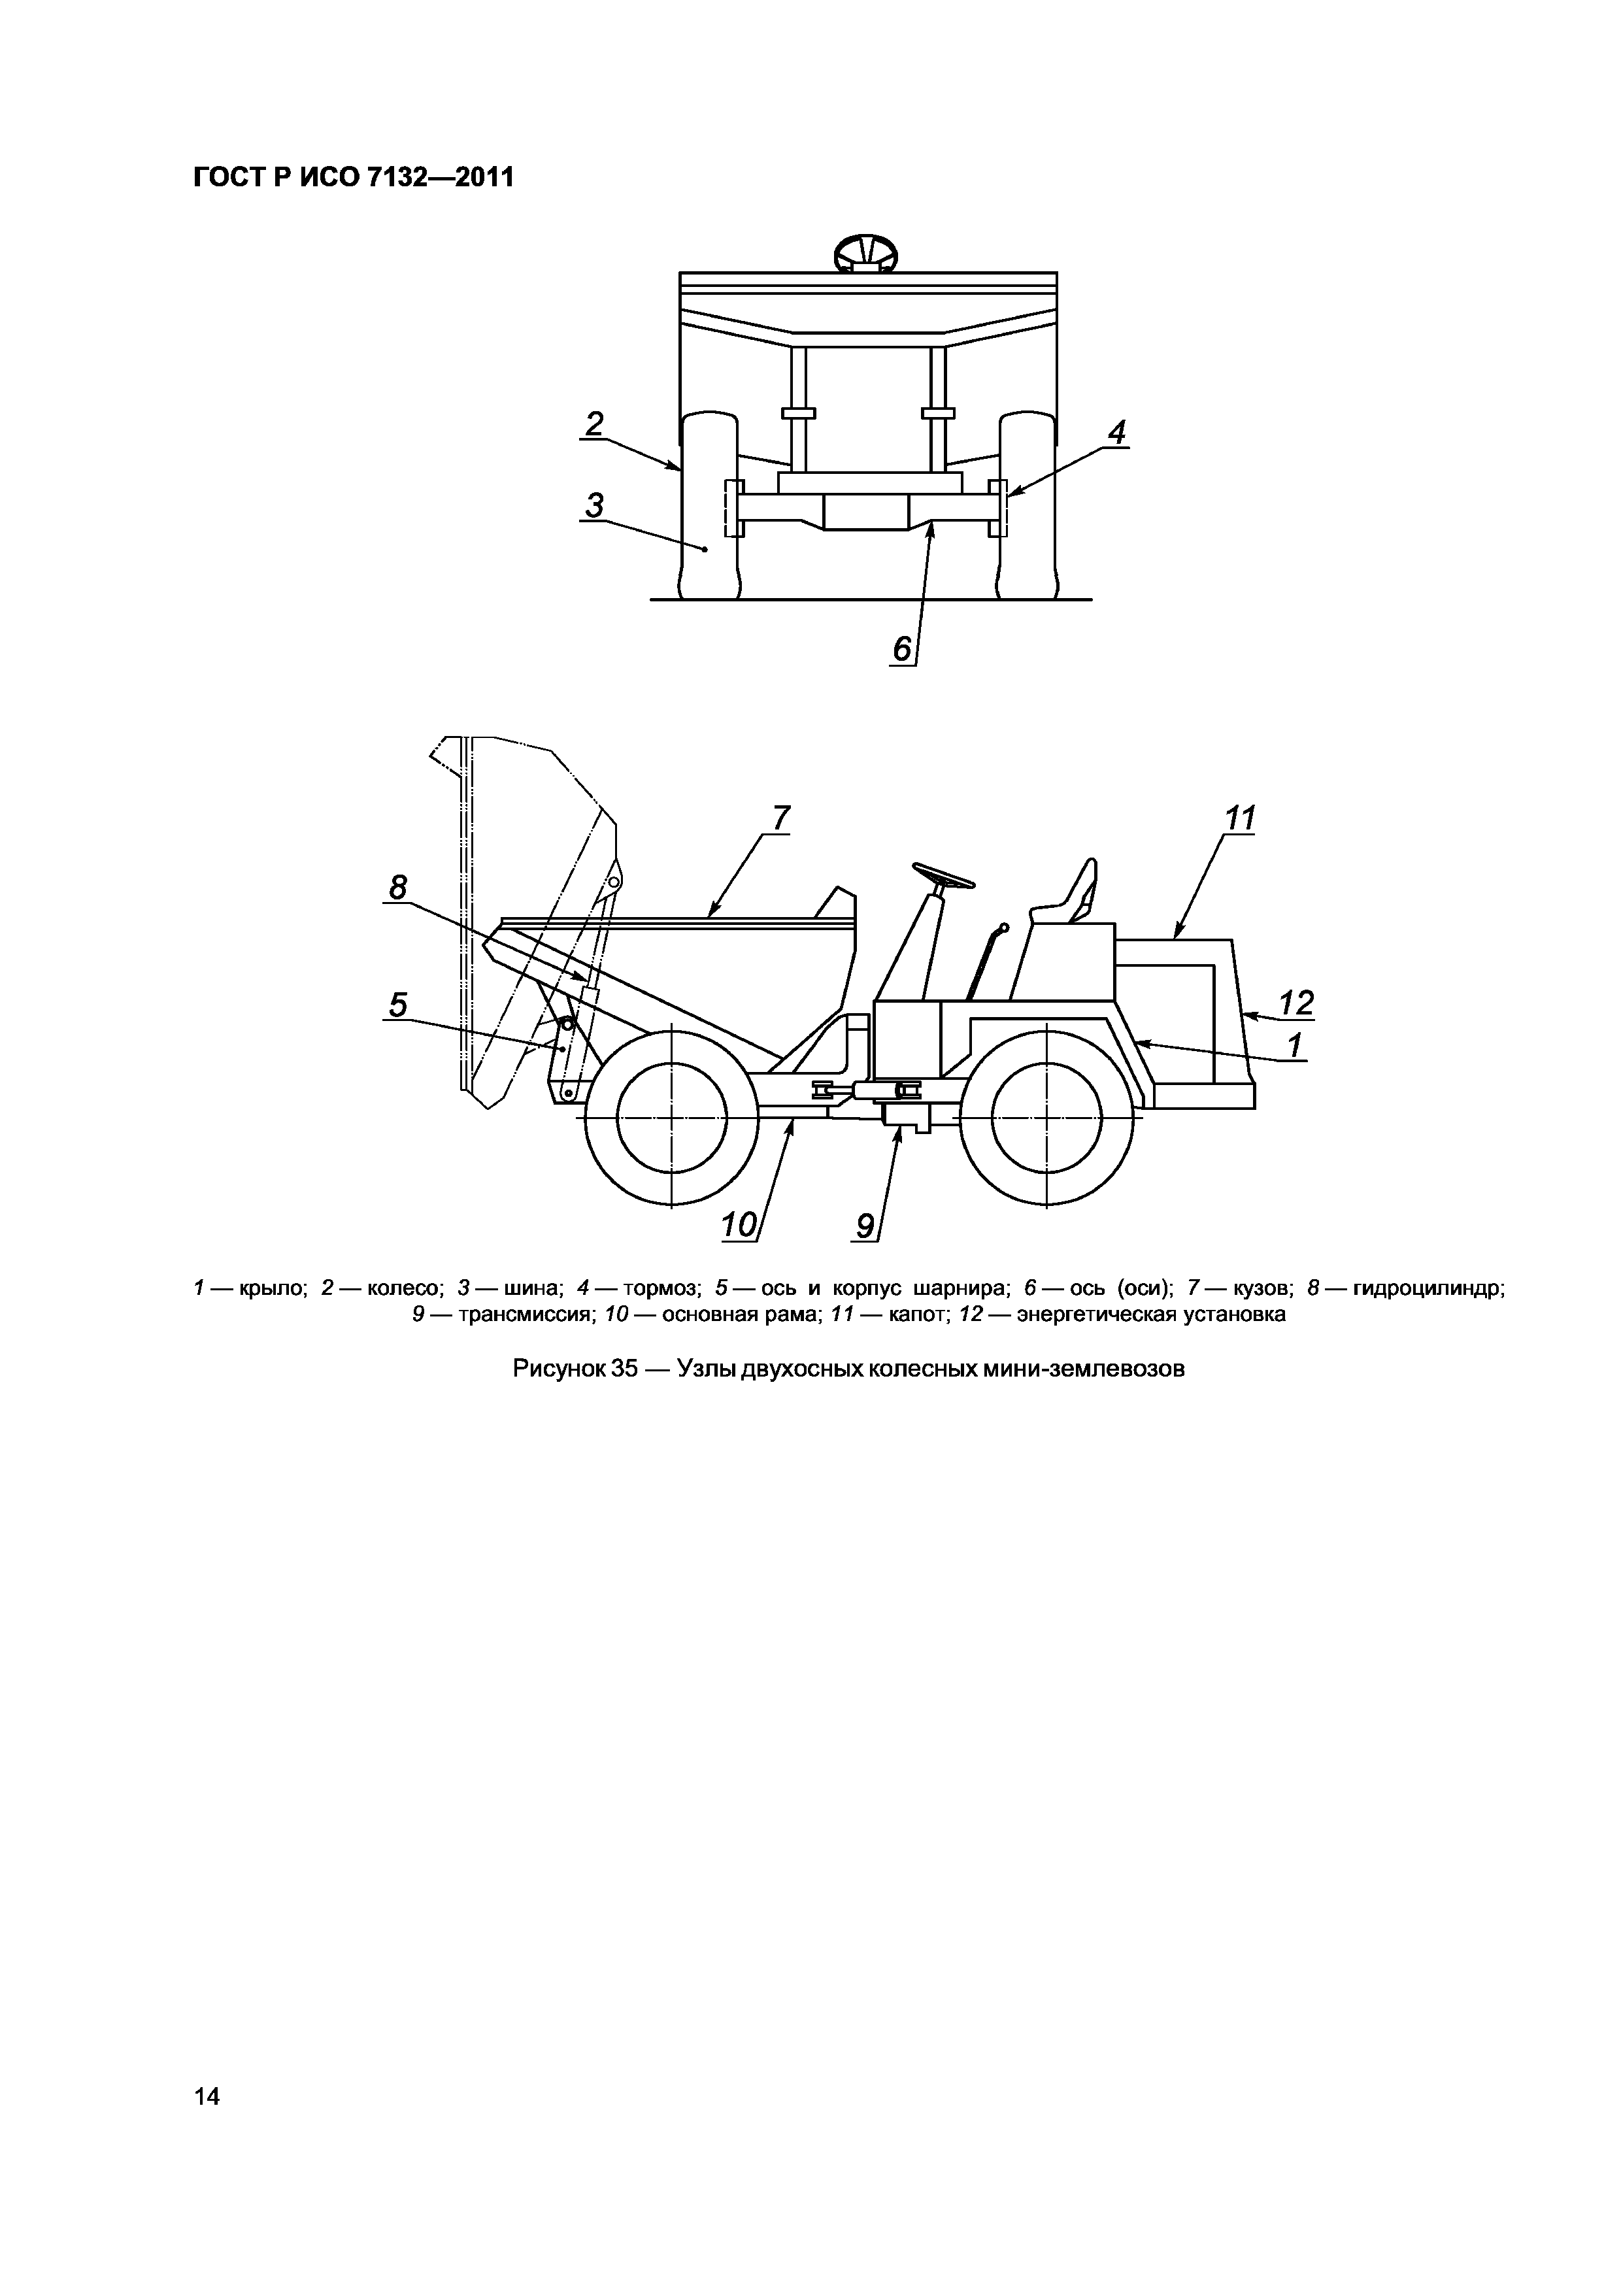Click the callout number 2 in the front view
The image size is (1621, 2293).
click(x=594, y=424)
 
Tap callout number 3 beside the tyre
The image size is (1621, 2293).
click(x=594, y=507)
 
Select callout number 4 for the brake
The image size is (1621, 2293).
click(x=1116, y=433)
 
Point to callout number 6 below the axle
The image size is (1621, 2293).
click(x=902, y=650)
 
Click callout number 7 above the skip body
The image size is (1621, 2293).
click(x=780, y=818)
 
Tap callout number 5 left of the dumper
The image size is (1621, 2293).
click(x=399, y=1005)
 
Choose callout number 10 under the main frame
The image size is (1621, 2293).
click(x=739, y=1224)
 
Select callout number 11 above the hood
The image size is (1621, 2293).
click(x=1239, y=819)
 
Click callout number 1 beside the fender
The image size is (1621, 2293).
click(x=1295, y=1046)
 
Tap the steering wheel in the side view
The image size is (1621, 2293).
click(x=942, y=877)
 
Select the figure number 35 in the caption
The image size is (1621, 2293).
click(x=624, y=1368)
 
